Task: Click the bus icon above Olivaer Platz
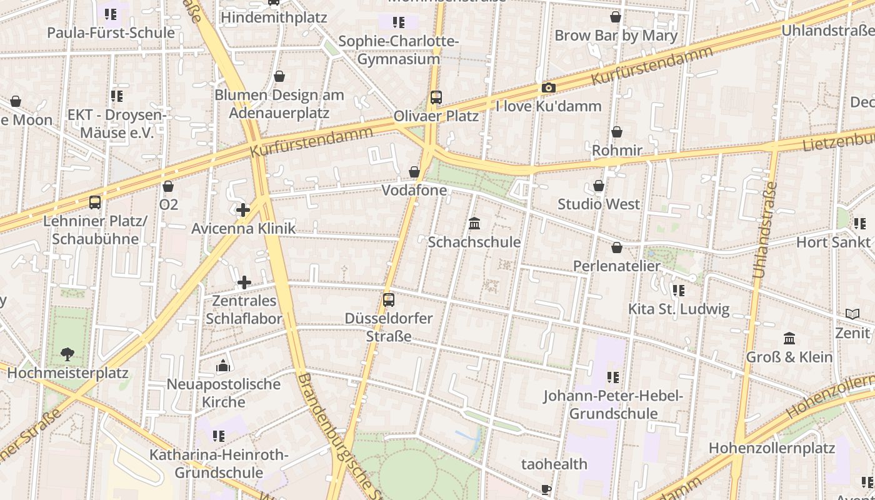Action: (436, 97)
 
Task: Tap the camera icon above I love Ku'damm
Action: (548, 88)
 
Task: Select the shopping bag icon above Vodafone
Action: (414, 172)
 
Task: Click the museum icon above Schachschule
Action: (474, 223)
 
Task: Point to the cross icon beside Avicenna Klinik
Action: (243, 210)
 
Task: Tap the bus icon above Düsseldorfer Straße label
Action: (389, 299)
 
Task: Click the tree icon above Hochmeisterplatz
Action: (67, 354)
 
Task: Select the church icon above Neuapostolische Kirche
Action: (224, 366)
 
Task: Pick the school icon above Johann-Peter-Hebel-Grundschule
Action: (612, 377)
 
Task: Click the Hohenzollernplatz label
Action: (772, 448)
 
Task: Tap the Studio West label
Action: (599, 204)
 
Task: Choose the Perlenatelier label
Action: (617, 266)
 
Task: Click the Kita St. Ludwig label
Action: (679, 309)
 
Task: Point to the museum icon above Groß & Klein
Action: (789, 339)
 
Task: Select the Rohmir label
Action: (617, 151)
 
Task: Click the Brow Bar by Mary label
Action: (616, 36)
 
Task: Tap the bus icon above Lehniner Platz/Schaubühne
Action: (95, 202)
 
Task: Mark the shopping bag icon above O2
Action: (167, 186)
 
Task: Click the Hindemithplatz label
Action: (274, 17)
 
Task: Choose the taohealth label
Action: (554, 464)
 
